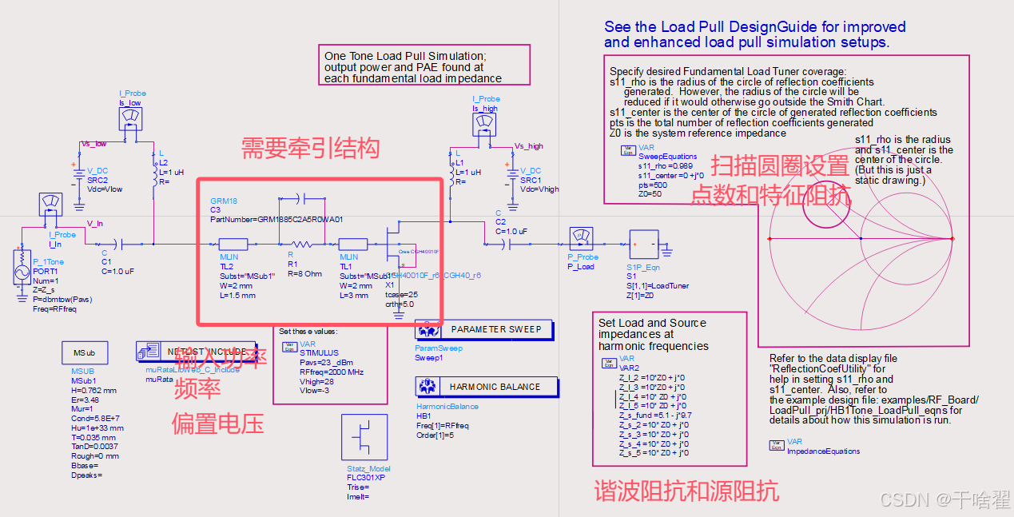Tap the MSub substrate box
84,352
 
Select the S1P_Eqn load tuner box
644,245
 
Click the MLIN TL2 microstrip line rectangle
234,244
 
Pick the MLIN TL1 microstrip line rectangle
352,244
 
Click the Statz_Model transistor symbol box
364,438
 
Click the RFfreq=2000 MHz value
331,372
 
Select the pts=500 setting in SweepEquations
652,185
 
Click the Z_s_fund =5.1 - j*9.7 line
655,416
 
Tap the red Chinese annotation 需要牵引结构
310,148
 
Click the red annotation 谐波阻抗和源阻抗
686,491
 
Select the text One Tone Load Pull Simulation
404,56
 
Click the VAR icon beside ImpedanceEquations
776,444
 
